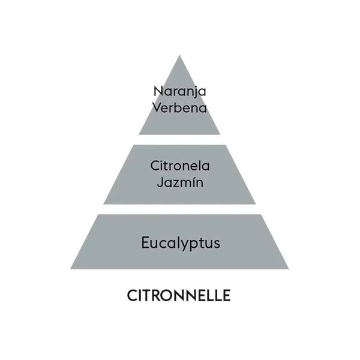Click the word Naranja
click(x=180, y=92)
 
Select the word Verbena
click(x=180, y=107)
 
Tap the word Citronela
click(x=180, y=166)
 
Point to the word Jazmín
click(x=180, y=182)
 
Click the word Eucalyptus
click(x=181, y=243)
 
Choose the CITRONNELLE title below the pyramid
click(x=179, y=295)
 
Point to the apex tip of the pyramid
click(x=179, y=55)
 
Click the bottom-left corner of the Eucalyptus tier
click(x=70, y=269)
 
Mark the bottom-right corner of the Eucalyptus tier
click(x=289, y=269)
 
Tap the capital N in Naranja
click(x=158, y=91)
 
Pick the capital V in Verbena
click(x=157, y=108)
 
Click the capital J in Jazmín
click(x=160, y=183)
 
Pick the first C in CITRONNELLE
click(x=132, y=295)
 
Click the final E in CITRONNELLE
click(x=227, y=295)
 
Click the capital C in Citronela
click(x=155, y=166)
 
